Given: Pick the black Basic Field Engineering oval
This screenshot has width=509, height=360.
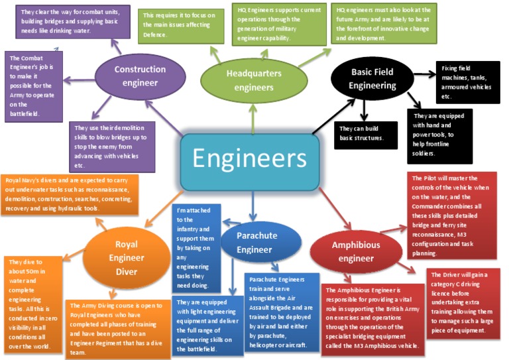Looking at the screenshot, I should click(x=372, y=78).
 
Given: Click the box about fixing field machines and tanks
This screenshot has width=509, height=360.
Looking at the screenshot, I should click(x=468, y=83).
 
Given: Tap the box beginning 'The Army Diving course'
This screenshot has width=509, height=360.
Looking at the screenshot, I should click(x=117, y=329).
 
